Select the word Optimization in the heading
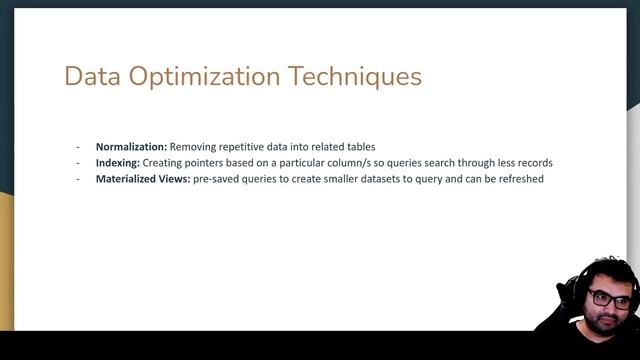pos(202,77)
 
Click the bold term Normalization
pos(131,146)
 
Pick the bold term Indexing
pos(117,162)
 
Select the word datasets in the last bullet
pos(393,178)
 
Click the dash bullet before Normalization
pos(79,146)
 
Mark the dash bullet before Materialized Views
pos(79,178)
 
